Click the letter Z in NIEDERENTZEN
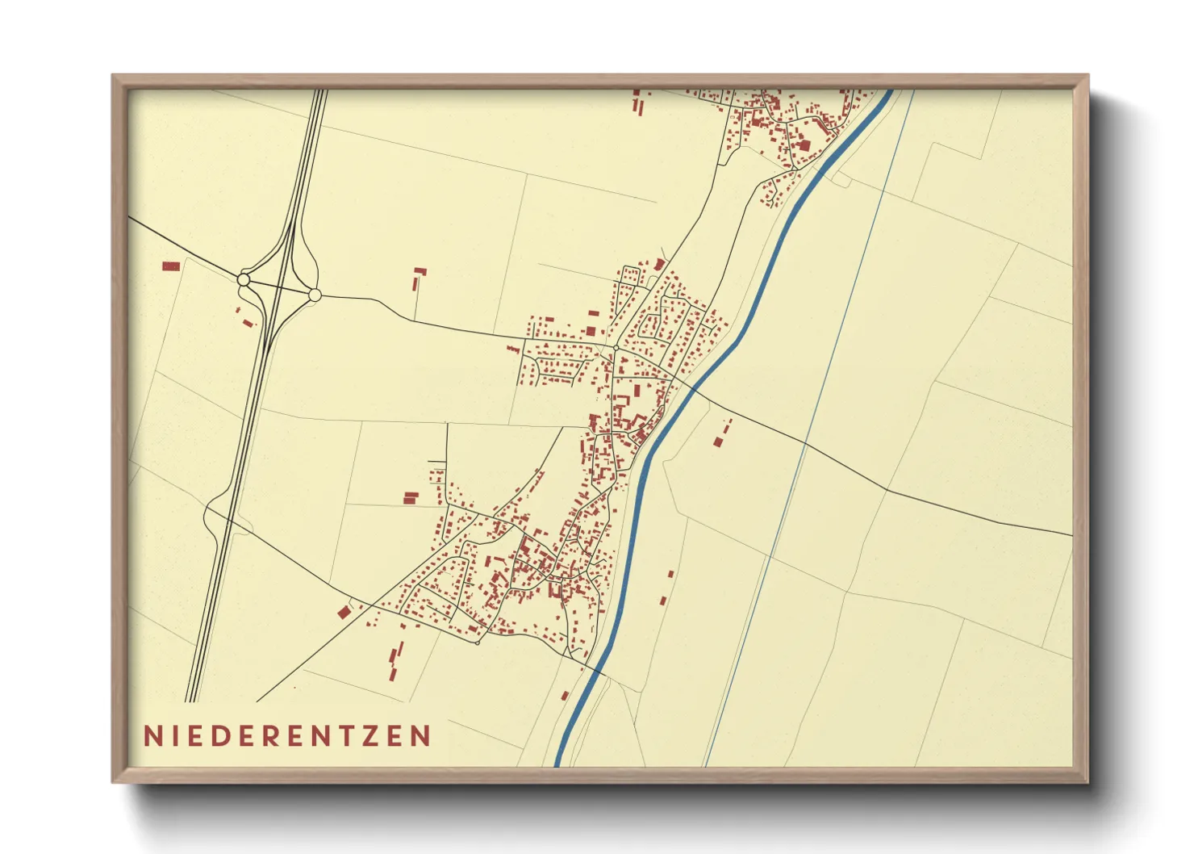[369, 736]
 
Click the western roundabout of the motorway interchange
[244, 279]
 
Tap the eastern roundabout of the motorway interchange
[315, 295]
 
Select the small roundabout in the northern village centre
[616, 348]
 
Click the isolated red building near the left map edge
[171, 266]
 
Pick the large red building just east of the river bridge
[717, 441]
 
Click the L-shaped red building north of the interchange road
[418, 278]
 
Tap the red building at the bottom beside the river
[566, 695]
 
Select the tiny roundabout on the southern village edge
[478, 643]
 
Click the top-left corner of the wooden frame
[114, 76]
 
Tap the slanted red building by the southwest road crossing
[344, 612]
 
